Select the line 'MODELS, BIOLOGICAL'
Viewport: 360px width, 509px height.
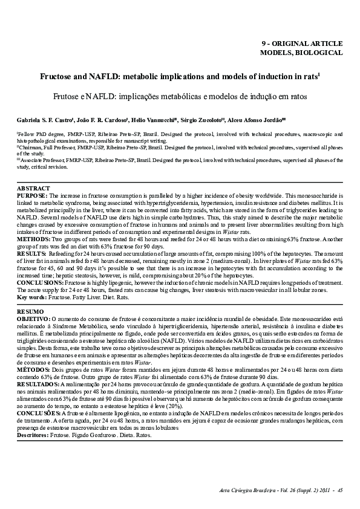[301, 53]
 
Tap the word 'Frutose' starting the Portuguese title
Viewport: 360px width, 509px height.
[68, 96]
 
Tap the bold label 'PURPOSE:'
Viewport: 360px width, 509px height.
[33, 196]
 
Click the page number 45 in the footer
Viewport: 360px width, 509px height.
[341, 490]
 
